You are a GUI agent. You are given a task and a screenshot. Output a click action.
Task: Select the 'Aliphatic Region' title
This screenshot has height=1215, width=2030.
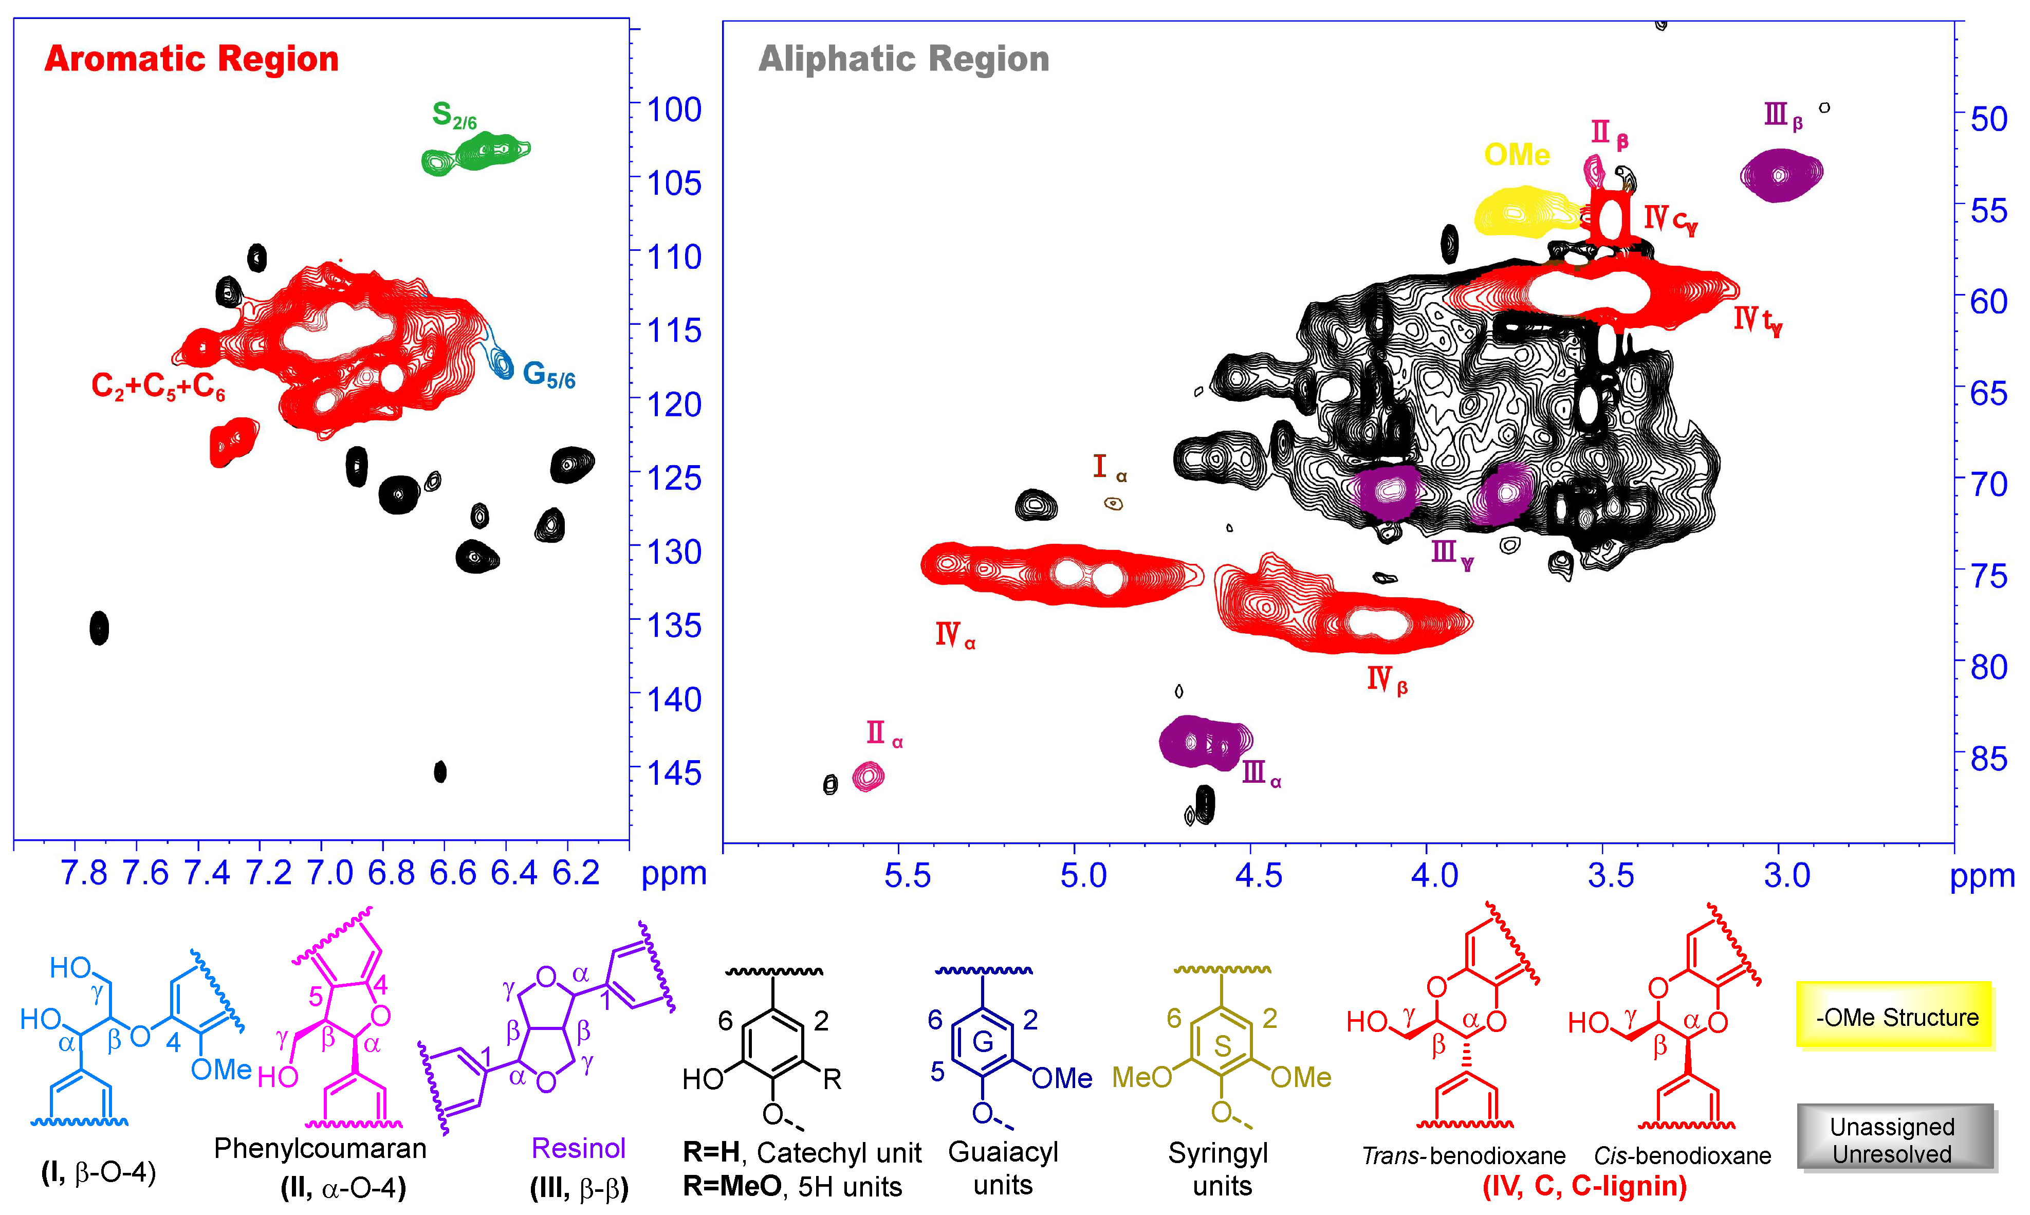coord(903,59)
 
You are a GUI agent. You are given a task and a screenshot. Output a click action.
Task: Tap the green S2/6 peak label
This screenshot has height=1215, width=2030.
coord(453,116)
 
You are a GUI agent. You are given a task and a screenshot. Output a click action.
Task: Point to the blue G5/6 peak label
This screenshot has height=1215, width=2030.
coord(548,375)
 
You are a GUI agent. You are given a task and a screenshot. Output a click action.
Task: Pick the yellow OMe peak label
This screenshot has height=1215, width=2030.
coord(1516,155)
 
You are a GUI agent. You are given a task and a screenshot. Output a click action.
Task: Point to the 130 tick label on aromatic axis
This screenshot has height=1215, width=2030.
coord(674,552)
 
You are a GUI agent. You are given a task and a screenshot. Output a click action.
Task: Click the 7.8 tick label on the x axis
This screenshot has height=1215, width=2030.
coord(83,874)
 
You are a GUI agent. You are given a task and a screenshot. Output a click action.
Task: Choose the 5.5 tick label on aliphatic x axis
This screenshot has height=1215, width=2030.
coord(907,876)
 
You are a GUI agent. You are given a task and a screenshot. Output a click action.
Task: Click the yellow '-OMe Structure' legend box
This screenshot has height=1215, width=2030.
coord(1894,1017)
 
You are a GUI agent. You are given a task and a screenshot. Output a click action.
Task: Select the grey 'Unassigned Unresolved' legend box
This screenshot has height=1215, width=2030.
coord(1894,1139)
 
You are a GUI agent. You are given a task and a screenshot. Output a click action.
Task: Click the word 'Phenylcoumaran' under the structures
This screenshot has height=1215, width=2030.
coord(320,1149)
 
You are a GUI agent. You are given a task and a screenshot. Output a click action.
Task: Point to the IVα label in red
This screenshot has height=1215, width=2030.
coord(954,635)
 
